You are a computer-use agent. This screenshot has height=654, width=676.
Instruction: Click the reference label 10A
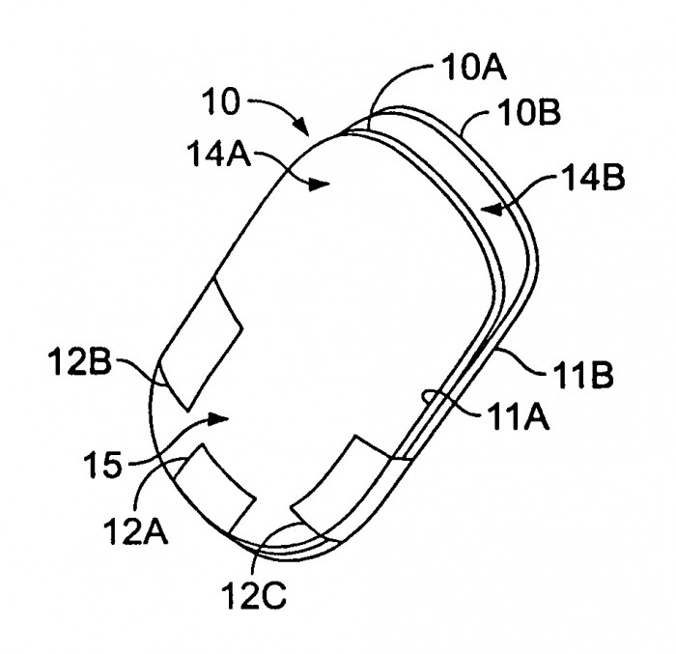(x=473, y=69)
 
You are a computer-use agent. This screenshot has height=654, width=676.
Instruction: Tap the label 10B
(x=528, y=112)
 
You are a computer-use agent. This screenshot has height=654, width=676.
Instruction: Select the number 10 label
(x=221, y=101)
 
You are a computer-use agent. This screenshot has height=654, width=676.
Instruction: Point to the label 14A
(x=219, y=154)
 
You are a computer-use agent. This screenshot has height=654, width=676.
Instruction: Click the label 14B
(x=593, y=178)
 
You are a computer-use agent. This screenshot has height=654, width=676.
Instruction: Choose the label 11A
(x=518, y=417)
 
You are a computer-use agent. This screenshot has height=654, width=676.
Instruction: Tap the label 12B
(x=80, y=361)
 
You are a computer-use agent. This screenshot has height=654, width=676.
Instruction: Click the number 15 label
(x=102, y=465)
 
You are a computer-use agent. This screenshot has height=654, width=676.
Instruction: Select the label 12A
(x=135, y=531)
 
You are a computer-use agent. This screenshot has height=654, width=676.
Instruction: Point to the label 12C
(x=253, y=596)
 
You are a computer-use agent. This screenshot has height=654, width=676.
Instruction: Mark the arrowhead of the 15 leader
(x=217, y=418)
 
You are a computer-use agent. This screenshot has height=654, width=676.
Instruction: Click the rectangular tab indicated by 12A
(x=214, y=491)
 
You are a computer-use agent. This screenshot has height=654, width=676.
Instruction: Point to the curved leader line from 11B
(x=521, y=361)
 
